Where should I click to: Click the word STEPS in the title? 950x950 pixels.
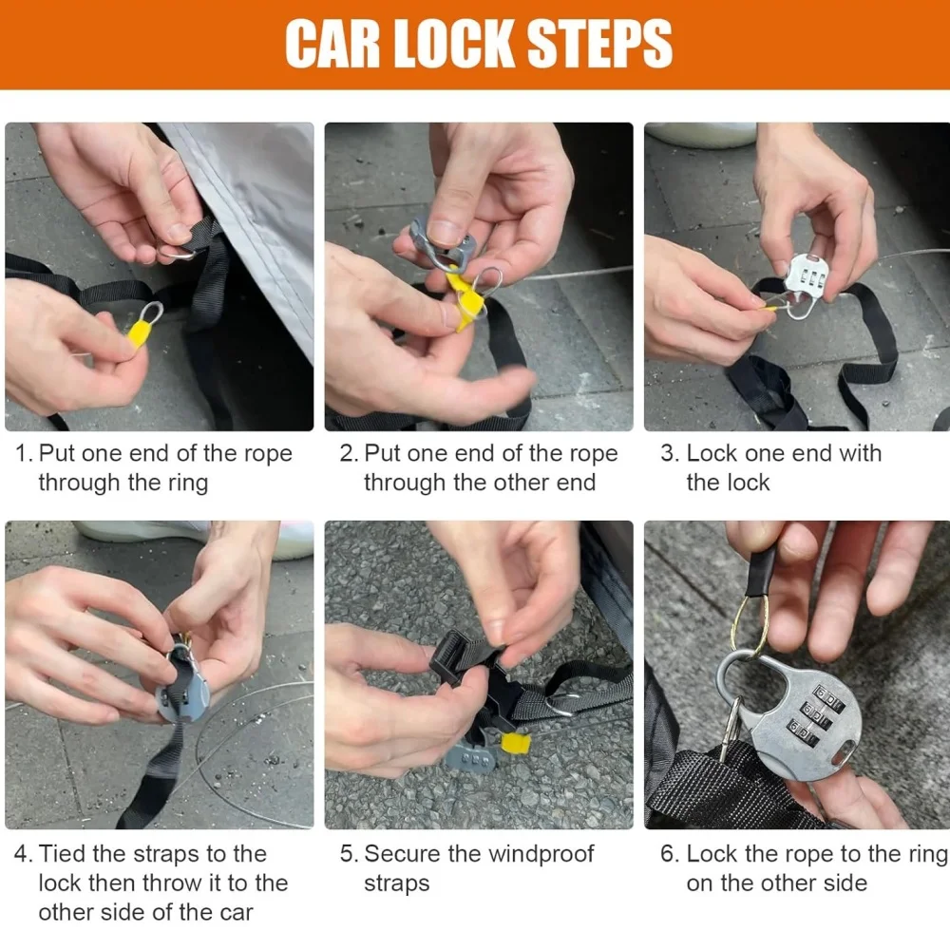pos(599,43)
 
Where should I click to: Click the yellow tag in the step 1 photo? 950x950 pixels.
pos(140,333)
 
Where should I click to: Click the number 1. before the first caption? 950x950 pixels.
pos(24,453)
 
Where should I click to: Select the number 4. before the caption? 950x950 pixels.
pos(24,854)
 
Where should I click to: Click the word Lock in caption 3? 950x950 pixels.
pos(712,453)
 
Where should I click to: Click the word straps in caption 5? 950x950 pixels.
pos(396,884)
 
